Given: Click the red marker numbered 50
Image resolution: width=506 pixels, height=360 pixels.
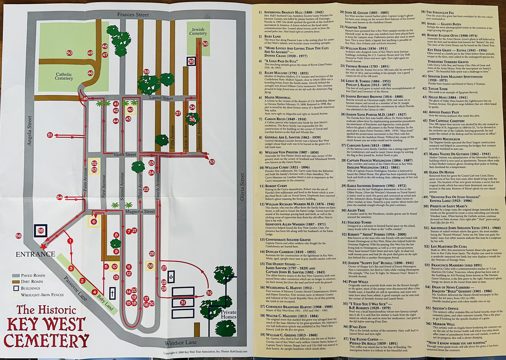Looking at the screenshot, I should pyautogui.click(x=69, y=52).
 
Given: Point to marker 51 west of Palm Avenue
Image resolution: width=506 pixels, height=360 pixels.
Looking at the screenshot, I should pyautogui.click(x=50, y=135).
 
